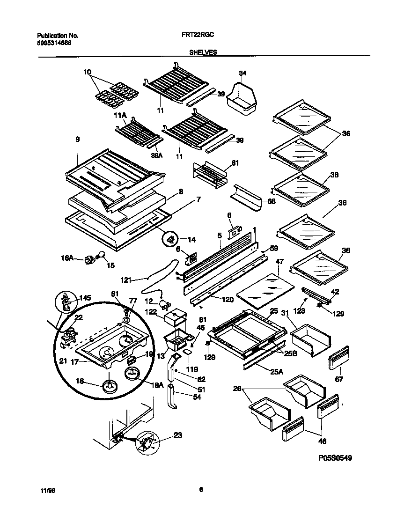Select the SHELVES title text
pyautogui.click(x=203, y=53)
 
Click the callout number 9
pyautogui.click(x=78, y=139)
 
